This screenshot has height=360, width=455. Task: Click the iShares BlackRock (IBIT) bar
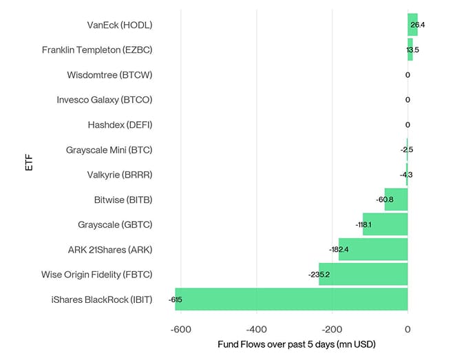291,299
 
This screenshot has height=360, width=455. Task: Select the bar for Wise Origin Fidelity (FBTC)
363,274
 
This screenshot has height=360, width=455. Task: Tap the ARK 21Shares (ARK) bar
373,249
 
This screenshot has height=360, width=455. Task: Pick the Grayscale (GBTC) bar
385,224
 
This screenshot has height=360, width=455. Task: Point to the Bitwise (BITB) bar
396,200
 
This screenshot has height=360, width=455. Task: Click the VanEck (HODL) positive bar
412,25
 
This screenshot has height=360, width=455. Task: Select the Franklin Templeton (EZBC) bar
410,50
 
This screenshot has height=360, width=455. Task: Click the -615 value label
175,299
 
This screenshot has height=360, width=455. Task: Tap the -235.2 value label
319,275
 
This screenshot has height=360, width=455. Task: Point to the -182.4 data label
339,249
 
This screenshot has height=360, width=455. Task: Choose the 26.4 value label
418,25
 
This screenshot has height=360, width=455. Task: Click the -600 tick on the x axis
180,329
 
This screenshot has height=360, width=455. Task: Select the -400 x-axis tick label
256,329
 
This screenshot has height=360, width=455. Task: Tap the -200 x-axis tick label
332,329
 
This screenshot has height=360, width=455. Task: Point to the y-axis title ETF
29,162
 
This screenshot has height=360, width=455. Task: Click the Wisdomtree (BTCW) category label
109,74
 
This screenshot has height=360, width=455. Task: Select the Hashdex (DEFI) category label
120,125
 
